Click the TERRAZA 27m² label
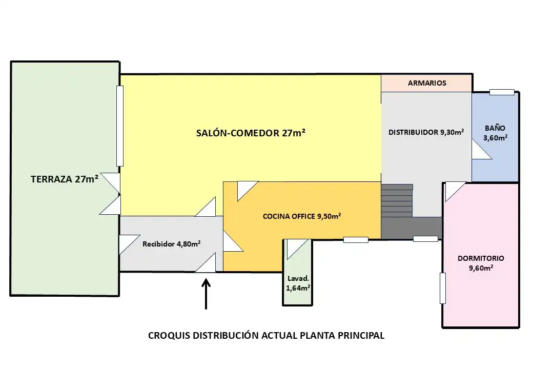coord(65,179)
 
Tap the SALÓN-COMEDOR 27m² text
coord(251,133)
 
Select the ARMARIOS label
coord(427,83)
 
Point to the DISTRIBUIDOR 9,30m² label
coord(426,132)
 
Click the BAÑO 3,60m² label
coord(495,133)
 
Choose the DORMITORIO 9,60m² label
coord(481,263)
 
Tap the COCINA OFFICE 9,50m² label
coord(302,216)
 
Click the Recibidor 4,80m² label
coord(171,243)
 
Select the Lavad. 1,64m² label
coord(298,283)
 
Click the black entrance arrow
coord(206,294)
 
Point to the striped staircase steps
coord(397,200)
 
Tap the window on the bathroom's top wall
coord(502,92)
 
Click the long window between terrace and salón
coord(119,126)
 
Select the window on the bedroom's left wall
coord(443,288)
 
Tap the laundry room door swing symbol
coord(297,249)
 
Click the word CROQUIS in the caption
coord(169,336)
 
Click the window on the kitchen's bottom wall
coord(356,239)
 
